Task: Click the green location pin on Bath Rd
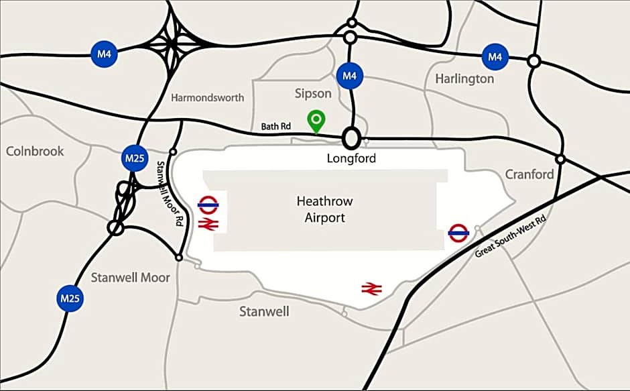pos(316,121)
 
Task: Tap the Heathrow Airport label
pos(324,209)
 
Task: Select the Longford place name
pos(351,159)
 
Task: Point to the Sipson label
pos(313,93)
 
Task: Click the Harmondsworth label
pos(207,98)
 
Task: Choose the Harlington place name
pos(464,78)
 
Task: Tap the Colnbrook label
pos(35,151)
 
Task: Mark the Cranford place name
pos(529,174)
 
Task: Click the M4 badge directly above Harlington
pos(495,57)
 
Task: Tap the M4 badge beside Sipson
pos(349,75)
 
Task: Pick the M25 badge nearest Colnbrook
pos(133,158)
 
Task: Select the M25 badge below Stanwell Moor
pos(70,298)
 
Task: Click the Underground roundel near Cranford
pos(458,233)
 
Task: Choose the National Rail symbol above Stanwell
pos(371,289)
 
